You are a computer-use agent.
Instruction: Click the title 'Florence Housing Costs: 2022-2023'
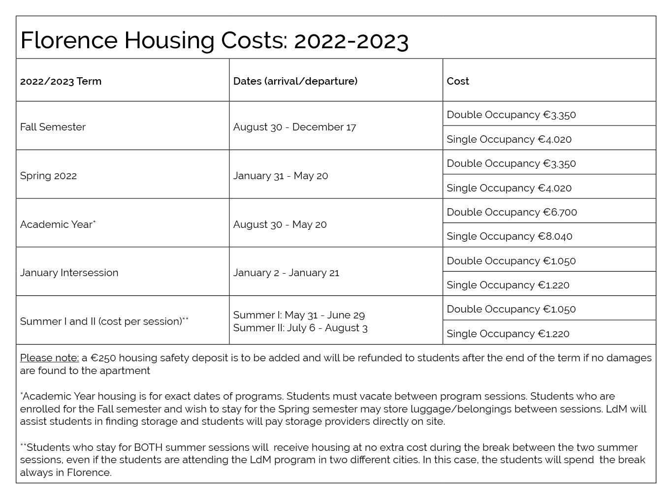point(214,41)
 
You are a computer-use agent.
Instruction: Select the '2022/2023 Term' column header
point(61,81)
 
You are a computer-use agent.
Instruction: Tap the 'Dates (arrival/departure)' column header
point(295,81)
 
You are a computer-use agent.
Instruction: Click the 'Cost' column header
point(458,81)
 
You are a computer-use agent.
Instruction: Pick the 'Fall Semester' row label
point(53,127)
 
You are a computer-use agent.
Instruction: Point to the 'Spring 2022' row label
point(48,176)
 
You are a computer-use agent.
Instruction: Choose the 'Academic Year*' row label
point(58,224)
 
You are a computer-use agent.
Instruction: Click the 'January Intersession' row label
point(69,273)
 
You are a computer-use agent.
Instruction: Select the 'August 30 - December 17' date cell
point(294,127)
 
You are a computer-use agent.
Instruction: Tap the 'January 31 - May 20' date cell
point(281,176)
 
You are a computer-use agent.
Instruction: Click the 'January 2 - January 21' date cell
point(286,273)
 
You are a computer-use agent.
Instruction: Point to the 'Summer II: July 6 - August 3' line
point(300,328)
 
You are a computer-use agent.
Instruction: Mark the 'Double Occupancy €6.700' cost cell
point(512,212)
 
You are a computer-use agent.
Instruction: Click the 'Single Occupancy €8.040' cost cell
point(510,236)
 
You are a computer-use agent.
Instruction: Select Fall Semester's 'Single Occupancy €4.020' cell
point(509,139)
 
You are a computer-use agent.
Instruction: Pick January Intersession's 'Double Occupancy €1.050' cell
point(512,261)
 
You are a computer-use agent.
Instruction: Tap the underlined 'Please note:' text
point(50,358)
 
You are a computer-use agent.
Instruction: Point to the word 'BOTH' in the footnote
point(148,447)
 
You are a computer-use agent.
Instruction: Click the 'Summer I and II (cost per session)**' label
point(104,321)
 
